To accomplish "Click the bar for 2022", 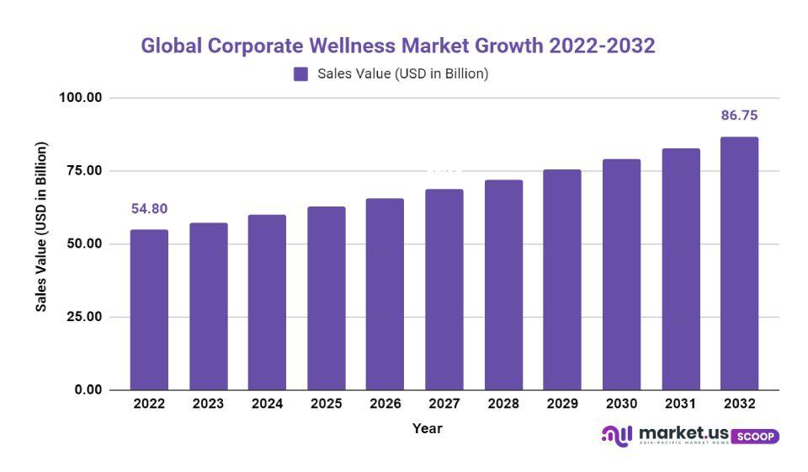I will point(149,309).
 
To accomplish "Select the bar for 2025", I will point(326,298).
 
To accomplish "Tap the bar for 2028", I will point(503,284).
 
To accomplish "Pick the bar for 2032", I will point(739,263).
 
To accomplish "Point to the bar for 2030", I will point(621,274).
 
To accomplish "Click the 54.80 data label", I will point(149,208).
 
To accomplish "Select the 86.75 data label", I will point(739,115).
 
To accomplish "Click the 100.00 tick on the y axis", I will point(80,98).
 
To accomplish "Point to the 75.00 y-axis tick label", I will point(83,171).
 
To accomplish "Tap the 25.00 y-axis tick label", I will point(83,317).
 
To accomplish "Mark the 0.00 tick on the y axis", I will point(87,390).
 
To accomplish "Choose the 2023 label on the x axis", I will point(208,405).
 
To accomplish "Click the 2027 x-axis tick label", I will point(444,405).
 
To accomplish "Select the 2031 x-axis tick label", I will point(680,405).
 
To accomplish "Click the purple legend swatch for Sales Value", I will point(300,74).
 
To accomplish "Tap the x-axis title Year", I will point(427,429).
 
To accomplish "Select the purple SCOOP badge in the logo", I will point(755,437).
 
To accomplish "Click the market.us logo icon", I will point(617,435).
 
